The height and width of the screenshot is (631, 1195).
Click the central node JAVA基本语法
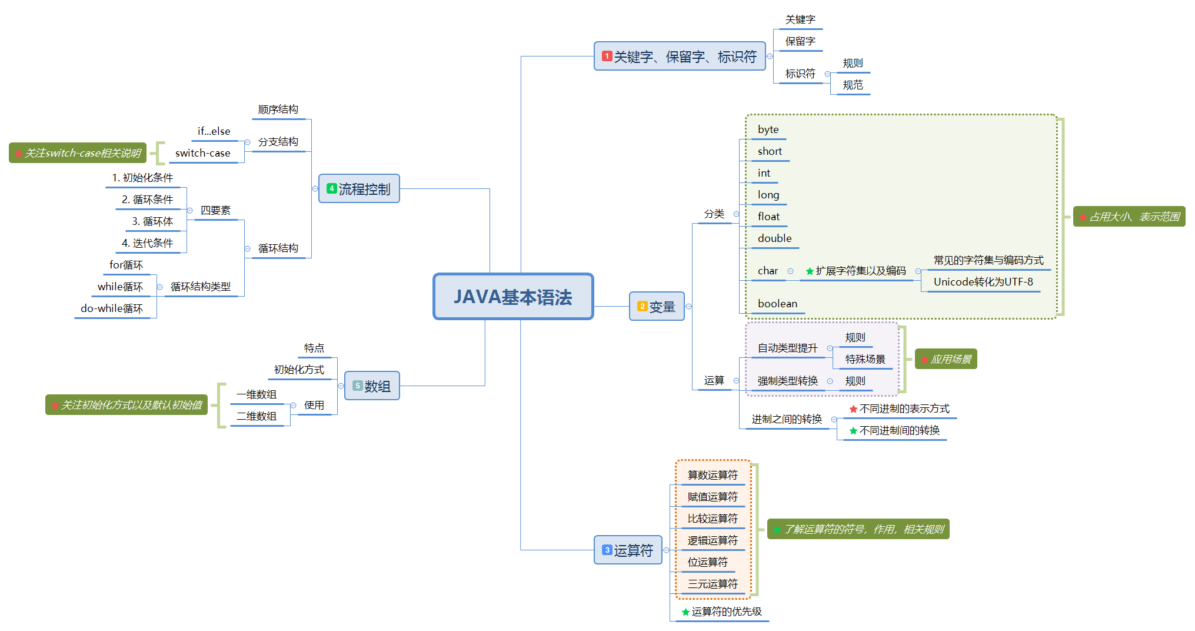pos(513,297)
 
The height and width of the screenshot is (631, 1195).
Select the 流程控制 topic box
pos(359,189)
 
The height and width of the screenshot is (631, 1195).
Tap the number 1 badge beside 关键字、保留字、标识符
pos(607,57)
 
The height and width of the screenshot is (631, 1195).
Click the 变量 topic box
pos(657,307)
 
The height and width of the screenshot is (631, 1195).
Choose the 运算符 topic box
pos(628,550)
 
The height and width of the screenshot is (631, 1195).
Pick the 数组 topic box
pos(372,386)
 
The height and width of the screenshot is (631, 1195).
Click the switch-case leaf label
pos(202,153)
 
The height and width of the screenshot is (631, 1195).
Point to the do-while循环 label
pos(112,308)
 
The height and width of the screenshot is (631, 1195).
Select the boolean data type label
pos(777,304)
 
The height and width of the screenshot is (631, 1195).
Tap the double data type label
pos(774,238)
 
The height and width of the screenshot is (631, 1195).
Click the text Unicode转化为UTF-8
pos(983,282)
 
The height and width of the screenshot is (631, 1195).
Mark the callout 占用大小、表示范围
pos(1129,217)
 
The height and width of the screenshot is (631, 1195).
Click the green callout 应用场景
pos(946,359)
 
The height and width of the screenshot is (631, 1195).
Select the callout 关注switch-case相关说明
pos(78,153)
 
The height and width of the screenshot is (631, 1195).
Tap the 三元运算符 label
pos(712,584)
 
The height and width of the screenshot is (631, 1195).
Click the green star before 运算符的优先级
pos(685,612)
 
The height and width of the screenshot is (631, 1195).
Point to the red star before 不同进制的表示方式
pos(853,409)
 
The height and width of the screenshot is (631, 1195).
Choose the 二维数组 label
pos(257,416)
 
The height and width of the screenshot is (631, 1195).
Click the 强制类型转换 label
pos(787,381)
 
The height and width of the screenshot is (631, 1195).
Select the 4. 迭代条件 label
pos(147,243)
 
